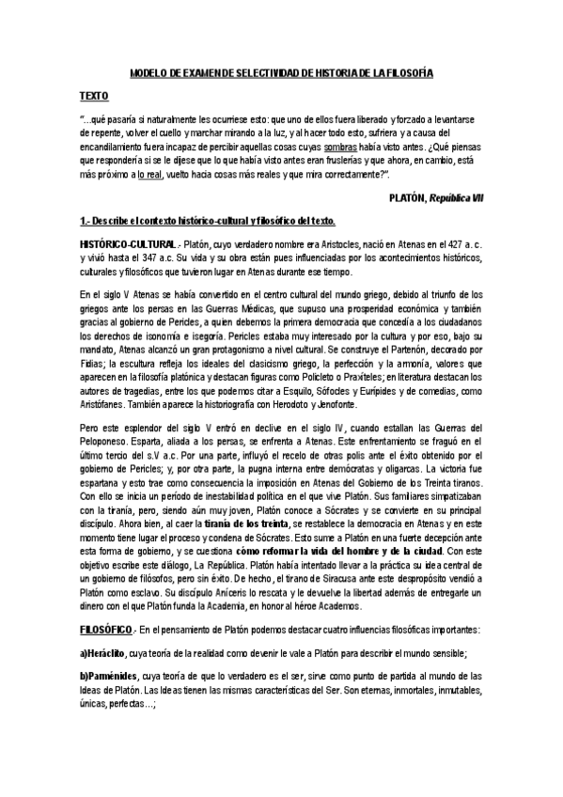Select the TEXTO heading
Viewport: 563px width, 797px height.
[x=94, y=96]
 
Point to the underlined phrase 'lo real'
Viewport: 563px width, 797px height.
[x=150, y=175]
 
